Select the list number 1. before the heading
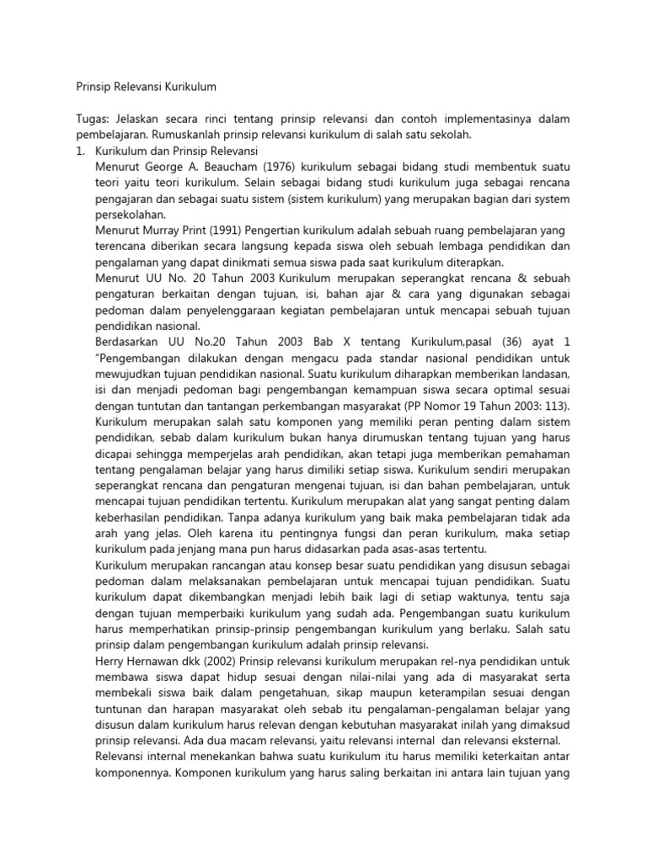click(x=81, y=151)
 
